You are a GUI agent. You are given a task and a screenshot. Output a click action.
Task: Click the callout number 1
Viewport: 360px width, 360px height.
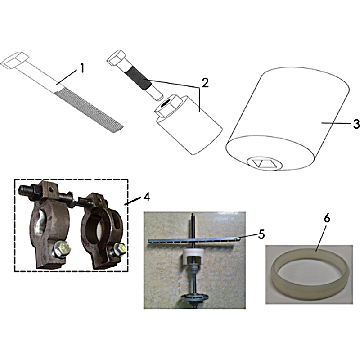[x=82, y=68]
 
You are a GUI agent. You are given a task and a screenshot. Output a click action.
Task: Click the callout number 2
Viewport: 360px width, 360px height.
[x=205, y=83]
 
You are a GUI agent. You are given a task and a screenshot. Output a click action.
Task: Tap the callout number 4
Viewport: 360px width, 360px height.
[x=147, y=197]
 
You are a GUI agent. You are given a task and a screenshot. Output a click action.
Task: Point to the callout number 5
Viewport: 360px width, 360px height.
[x=261, y=234]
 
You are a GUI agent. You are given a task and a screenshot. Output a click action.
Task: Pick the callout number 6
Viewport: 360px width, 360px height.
[x=327, y=218]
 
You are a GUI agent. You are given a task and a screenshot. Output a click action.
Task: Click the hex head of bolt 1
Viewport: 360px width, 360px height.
[x=15, y=60]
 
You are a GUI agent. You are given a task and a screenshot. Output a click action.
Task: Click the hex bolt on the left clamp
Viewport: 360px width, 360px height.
[x=62, y=249]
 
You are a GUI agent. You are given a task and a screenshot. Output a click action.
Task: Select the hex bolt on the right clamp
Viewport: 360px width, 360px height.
[x=119, y=250]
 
